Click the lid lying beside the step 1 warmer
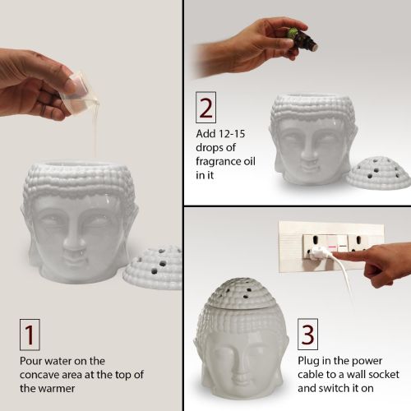click(x=154, y=266)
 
